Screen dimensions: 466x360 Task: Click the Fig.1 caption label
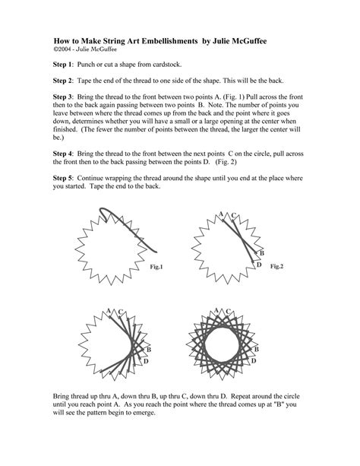tap(157, 267)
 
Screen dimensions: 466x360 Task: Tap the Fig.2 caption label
tap(276, 266)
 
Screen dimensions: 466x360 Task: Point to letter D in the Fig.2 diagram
tap(259, 264)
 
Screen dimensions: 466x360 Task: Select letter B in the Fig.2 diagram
tap(261, 252)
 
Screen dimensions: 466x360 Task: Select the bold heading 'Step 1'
tap(65, 67)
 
